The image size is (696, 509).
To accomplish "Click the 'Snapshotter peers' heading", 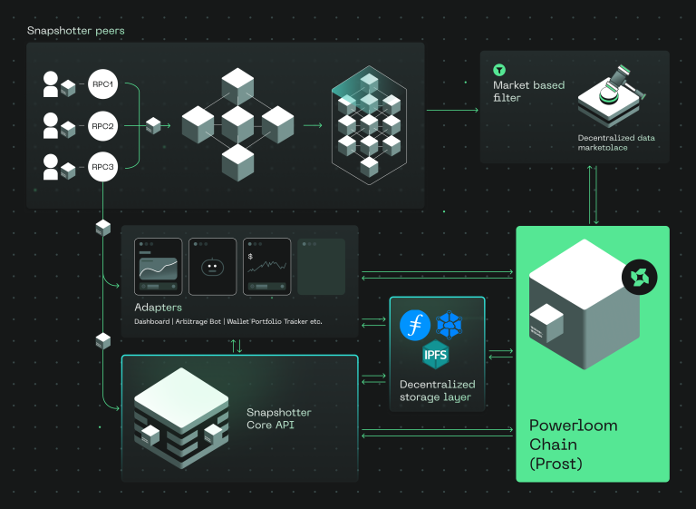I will [x=75, y=31].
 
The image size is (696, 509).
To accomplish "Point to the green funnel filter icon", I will [x=498, y=70].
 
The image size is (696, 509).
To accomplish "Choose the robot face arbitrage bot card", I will [x=212, y=267].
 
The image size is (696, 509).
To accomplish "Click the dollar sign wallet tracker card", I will [x=266, y=267].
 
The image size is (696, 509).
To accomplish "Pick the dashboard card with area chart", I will [x=158, y=267].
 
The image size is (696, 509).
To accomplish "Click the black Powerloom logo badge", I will [x=639, y=277].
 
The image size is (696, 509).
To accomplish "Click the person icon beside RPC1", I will [x=51, y=85].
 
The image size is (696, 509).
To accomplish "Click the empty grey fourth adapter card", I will [x=321, y=267].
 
